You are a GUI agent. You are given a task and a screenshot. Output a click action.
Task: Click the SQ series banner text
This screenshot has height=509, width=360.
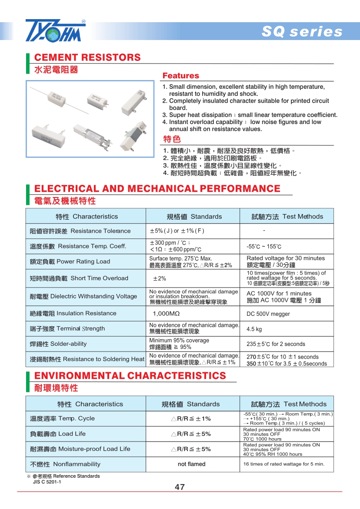302,32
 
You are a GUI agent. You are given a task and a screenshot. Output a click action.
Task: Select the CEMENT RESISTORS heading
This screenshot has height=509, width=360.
87,57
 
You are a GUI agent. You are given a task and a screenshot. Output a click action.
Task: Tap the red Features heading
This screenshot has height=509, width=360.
180,76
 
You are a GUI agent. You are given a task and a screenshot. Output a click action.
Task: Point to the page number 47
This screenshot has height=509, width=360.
180,487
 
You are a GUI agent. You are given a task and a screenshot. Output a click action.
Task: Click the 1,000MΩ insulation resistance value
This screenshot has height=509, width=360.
166,314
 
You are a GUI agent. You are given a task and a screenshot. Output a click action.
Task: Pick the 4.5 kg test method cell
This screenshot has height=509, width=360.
254,329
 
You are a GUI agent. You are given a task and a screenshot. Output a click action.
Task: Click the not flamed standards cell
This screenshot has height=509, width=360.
191,464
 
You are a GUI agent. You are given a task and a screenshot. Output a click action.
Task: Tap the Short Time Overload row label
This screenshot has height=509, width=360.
79,278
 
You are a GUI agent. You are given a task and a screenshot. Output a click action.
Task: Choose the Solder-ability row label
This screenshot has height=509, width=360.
58,344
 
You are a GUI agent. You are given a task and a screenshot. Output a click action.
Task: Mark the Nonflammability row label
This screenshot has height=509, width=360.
65,464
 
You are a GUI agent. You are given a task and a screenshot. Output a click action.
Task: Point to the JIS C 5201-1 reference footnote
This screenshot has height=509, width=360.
47,482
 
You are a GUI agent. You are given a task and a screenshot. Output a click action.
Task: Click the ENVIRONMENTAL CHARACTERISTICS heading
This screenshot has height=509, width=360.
130,375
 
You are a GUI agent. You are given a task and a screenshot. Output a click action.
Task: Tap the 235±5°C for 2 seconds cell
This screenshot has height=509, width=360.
276,344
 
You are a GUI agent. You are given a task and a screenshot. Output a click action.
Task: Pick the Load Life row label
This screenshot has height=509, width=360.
58,434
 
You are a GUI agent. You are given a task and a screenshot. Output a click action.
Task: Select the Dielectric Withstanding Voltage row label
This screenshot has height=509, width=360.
83,297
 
